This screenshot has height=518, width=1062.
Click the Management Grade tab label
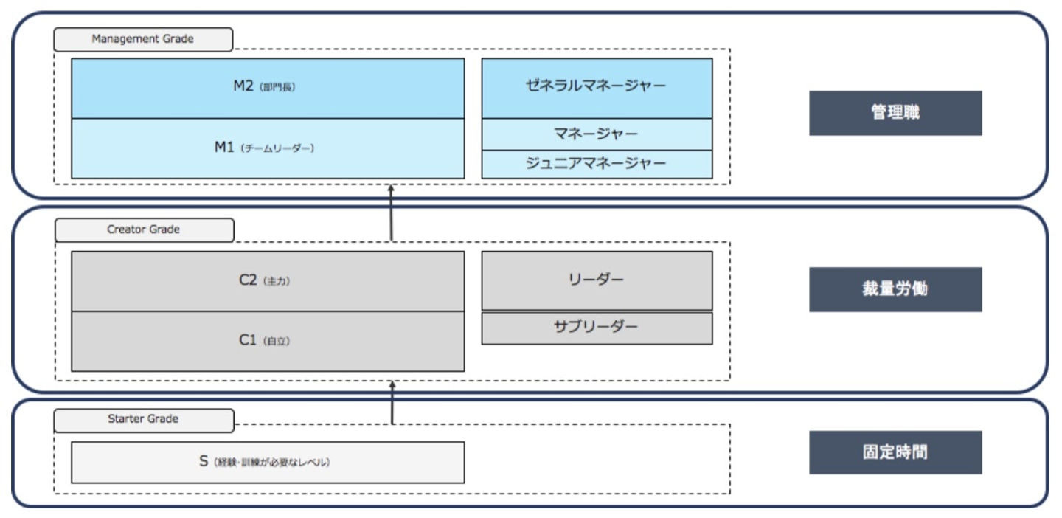click(144, 39)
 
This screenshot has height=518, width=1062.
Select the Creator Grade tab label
click(144, 229)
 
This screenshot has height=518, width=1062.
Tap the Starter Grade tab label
click(144, 419)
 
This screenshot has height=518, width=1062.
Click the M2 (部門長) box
click(268, 88)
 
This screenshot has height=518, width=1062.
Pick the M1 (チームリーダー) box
click(268, 148)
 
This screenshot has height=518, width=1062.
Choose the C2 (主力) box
click(268, 281)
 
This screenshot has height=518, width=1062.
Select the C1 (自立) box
click(268, 341)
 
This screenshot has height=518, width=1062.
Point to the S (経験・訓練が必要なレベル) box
click(268, 463)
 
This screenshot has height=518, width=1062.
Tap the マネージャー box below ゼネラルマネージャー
click(597, 134)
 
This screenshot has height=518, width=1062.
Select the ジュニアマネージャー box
click(597, 164)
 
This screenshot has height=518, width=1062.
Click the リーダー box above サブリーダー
click(597, 280)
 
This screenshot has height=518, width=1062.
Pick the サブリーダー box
click(597, 328)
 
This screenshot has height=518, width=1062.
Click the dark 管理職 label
click(895, 113)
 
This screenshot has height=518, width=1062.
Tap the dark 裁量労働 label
click(895, 289)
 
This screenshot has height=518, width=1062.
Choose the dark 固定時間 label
click(895, 452)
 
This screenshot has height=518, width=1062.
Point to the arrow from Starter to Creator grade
click(392, 402)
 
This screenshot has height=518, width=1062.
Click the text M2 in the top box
click(243, 86)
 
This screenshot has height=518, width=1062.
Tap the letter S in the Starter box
click(204, 462)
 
